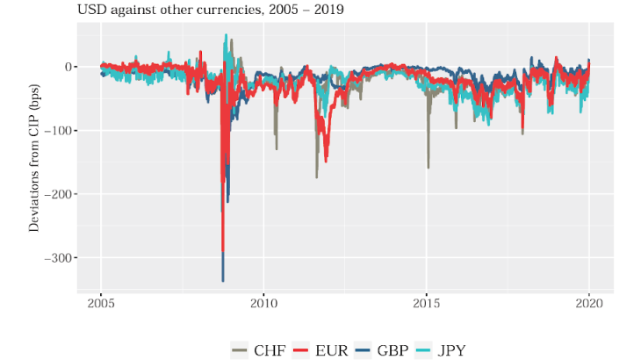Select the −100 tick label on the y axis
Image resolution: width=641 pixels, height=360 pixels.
tap(58, 130)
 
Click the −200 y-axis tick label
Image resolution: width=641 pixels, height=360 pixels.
tap(58, 194)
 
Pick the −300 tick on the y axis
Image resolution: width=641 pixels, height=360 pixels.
tap(58, 257)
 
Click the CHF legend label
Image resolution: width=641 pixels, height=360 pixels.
tap(269, 349)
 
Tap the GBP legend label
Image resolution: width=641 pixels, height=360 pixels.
tap(392, 349)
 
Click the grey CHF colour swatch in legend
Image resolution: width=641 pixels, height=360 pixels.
tap(240, 349)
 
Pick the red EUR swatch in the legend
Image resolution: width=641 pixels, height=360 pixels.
tap(301, 349)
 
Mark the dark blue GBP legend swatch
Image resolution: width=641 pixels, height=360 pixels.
tap(362, 349)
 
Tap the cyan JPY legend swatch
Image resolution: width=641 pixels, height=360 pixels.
tap(422, 349)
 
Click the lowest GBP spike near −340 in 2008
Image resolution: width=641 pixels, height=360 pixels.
tap(223, 280)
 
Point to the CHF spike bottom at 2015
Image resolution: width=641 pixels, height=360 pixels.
tap(429, 167)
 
